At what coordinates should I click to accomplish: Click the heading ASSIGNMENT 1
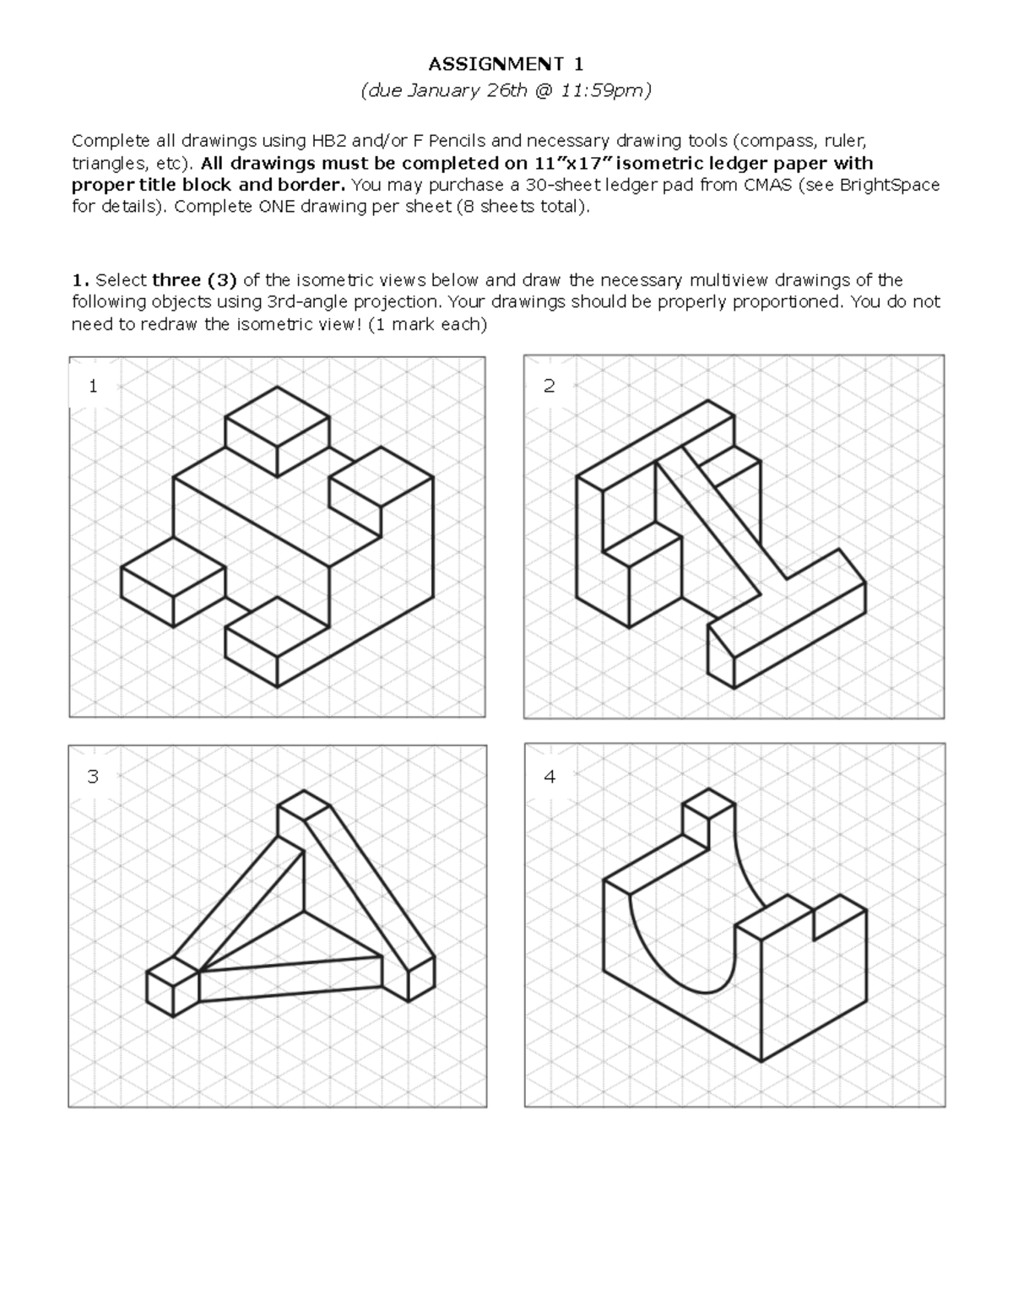(506, 64)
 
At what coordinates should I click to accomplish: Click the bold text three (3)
(194, 280)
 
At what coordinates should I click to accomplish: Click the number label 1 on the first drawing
(93, 387)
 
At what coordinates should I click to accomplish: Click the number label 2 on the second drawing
(550, 387)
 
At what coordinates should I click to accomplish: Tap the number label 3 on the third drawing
(93, 776)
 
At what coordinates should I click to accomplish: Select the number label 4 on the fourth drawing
(550, 776)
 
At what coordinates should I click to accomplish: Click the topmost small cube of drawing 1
(277, 431)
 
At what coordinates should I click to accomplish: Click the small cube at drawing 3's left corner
(172, 987)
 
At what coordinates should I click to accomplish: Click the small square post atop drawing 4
(707, 819)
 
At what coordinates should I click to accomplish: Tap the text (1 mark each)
(427, 324)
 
